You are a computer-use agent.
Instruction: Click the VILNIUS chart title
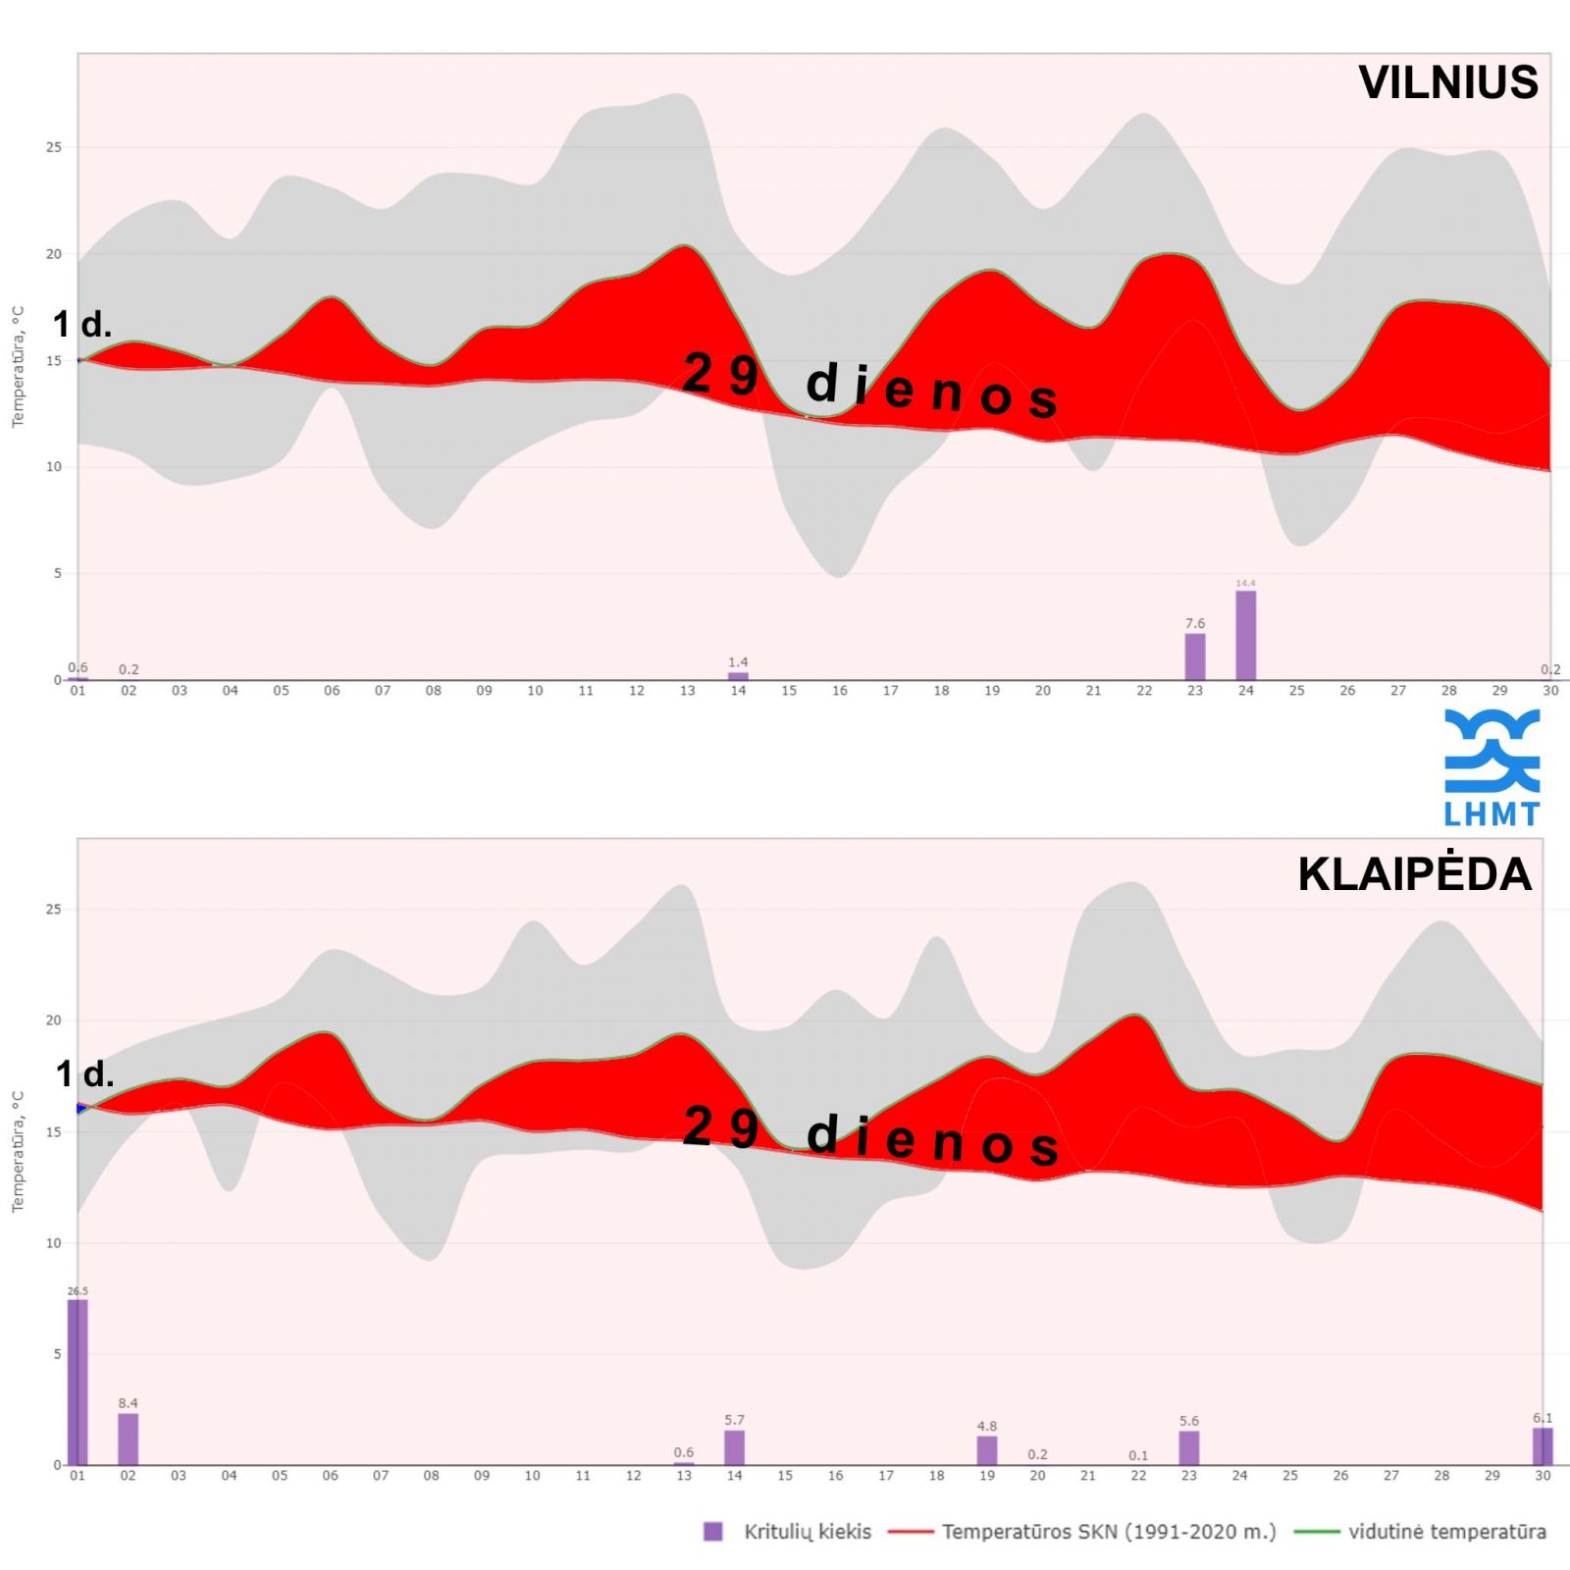(1447, 82)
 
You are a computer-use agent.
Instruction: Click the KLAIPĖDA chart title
(1414, 874)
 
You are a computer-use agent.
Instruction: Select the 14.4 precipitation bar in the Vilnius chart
(1245, 635)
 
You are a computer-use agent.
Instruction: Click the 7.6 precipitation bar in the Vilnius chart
(1195, 656)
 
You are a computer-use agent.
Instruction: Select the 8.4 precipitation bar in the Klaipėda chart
(129, 1439)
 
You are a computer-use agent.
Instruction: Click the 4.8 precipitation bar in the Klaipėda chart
(987, 1450)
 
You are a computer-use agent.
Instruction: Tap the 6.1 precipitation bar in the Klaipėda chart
(1543, 1446)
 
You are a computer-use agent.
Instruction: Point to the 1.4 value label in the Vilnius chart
(738, 662)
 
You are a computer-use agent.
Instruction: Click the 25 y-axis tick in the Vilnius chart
(53, 147)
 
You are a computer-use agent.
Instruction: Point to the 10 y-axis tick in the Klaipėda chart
(53, 1243)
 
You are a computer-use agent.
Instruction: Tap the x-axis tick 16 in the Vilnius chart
(840, 691)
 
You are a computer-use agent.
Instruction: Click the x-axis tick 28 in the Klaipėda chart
(1441, 1476)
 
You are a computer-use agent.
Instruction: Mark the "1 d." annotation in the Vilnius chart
(82, 324)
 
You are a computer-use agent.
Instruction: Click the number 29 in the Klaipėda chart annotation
(721, 1126)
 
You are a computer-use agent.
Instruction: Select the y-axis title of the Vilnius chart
(18, 367)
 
